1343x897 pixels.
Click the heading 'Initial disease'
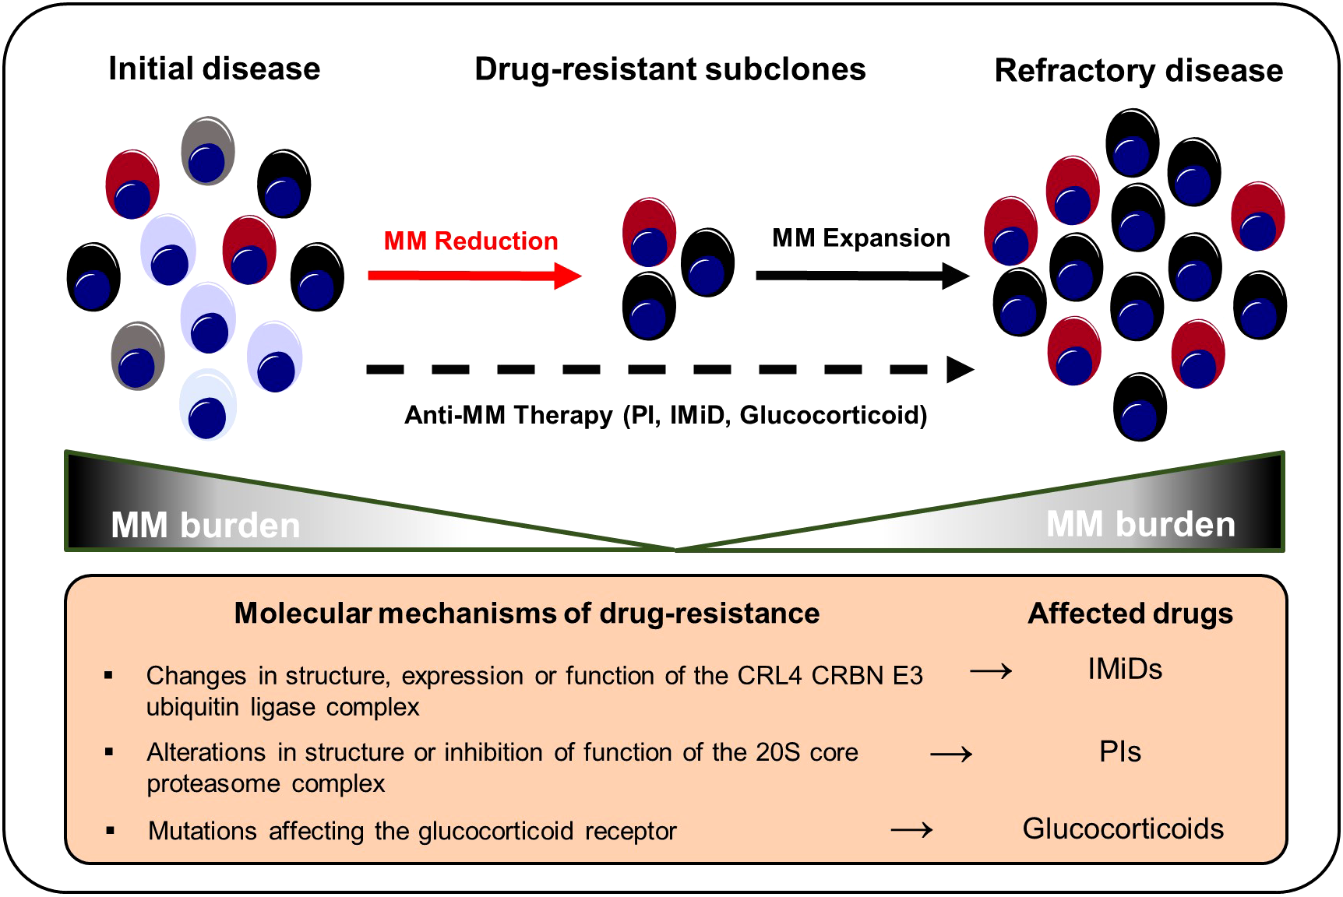(x=214, y=69)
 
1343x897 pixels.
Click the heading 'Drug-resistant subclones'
(x=670, y=69)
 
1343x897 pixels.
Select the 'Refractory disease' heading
(x=1138, y=71)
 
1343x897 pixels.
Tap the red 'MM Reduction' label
(x=471, y=241)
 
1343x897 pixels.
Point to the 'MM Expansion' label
(x=861, y=237)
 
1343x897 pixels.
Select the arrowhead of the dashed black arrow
(x=960, y=370)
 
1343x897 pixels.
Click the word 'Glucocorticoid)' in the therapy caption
(x=834, y=415)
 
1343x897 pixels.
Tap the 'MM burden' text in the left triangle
(x=206, y=526)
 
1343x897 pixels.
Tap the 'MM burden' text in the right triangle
(x=1140, y=525)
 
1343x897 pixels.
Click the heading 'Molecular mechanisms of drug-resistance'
(x=527, y=614)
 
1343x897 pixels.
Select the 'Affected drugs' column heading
(x=1130, y=614)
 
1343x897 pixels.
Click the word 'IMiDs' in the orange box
(x=1125, y=670)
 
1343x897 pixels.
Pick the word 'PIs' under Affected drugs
(x=1120, y=752)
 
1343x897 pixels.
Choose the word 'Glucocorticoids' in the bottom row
(x=1123, y=829)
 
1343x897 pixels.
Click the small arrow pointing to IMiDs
(x=991, y=670)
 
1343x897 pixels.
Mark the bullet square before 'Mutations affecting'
(x=111, y=831)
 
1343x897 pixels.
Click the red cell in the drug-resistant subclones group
(x=649, y=232)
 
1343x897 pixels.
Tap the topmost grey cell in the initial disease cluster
(x=208, y=150)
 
